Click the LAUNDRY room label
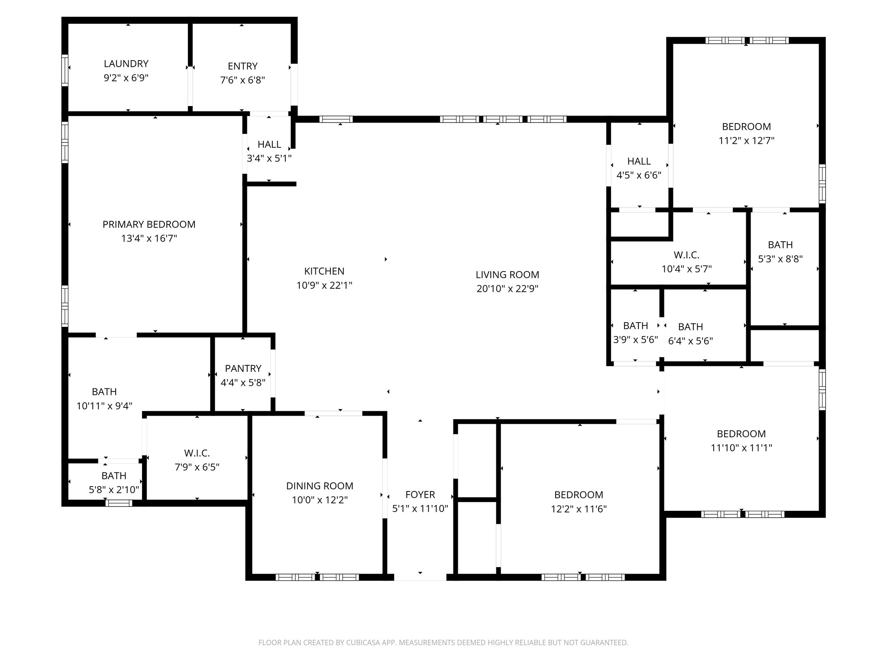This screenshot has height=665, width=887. point(126,64)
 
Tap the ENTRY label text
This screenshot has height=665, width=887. point(243,66)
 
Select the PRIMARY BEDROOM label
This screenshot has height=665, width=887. point(149,224)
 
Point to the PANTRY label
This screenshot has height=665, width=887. point(243,368)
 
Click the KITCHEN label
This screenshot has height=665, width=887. point(324,271)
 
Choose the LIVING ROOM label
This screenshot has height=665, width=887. point(508,274)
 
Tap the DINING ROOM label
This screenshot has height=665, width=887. point(320,486)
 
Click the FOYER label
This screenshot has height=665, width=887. point(420,494)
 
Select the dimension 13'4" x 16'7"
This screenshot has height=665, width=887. point(149,239)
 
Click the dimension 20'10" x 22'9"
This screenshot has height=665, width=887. point(508,289)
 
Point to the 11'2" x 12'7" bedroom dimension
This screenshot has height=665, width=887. point(747,141)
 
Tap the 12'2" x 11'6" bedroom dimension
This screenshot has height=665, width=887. point(579,509)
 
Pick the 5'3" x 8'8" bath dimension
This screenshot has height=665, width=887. point(780,259)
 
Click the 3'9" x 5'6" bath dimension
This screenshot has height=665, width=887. point(635,340)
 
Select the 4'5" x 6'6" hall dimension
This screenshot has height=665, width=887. point(639,175)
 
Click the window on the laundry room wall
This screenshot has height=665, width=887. point(65,70)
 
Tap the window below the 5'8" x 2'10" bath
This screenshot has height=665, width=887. point(119,503)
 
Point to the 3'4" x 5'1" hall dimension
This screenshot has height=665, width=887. point(269,158)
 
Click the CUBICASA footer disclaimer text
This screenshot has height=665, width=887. point(443,642)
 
